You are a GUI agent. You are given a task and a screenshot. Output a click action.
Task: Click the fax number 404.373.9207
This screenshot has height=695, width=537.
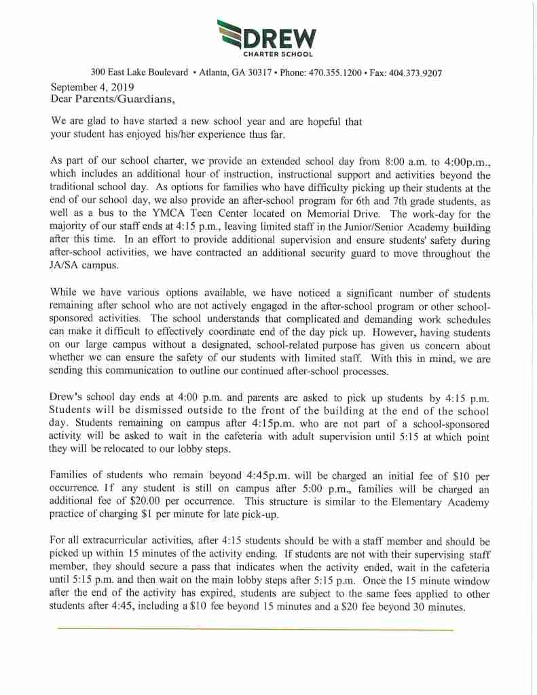point(415,73)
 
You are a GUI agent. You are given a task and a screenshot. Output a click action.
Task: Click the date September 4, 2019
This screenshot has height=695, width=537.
point(92,87)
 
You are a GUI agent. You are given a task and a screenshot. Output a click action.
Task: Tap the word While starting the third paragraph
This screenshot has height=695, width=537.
point(66,293)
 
